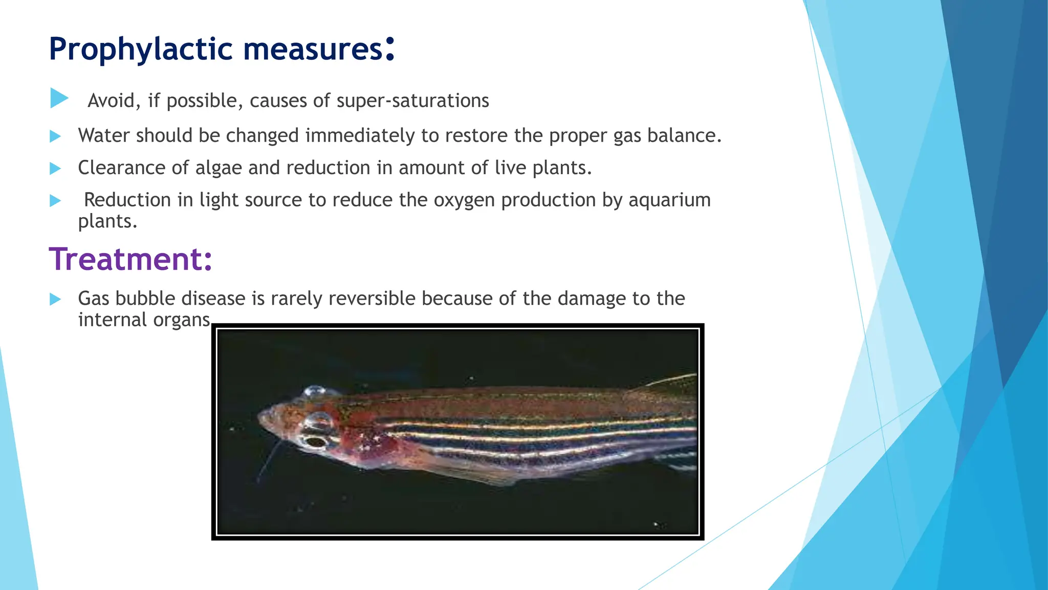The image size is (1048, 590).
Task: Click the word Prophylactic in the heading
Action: [x=141, y=50]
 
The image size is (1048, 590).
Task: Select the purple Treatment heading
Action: [x=130, y=259]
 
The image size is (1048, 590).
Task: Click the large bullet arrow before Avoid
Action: [x=59, y=98]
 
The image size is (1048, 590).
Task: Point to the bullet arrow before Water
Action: [x=55, y=136]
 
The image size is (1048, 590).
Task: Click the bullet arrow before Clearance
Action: [x=55, y=168]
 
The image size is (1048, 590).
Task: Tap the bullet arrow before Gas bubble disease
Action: [x=55, y=299]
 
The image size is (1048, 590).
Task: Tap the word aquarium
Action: [x=669, y=200]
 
